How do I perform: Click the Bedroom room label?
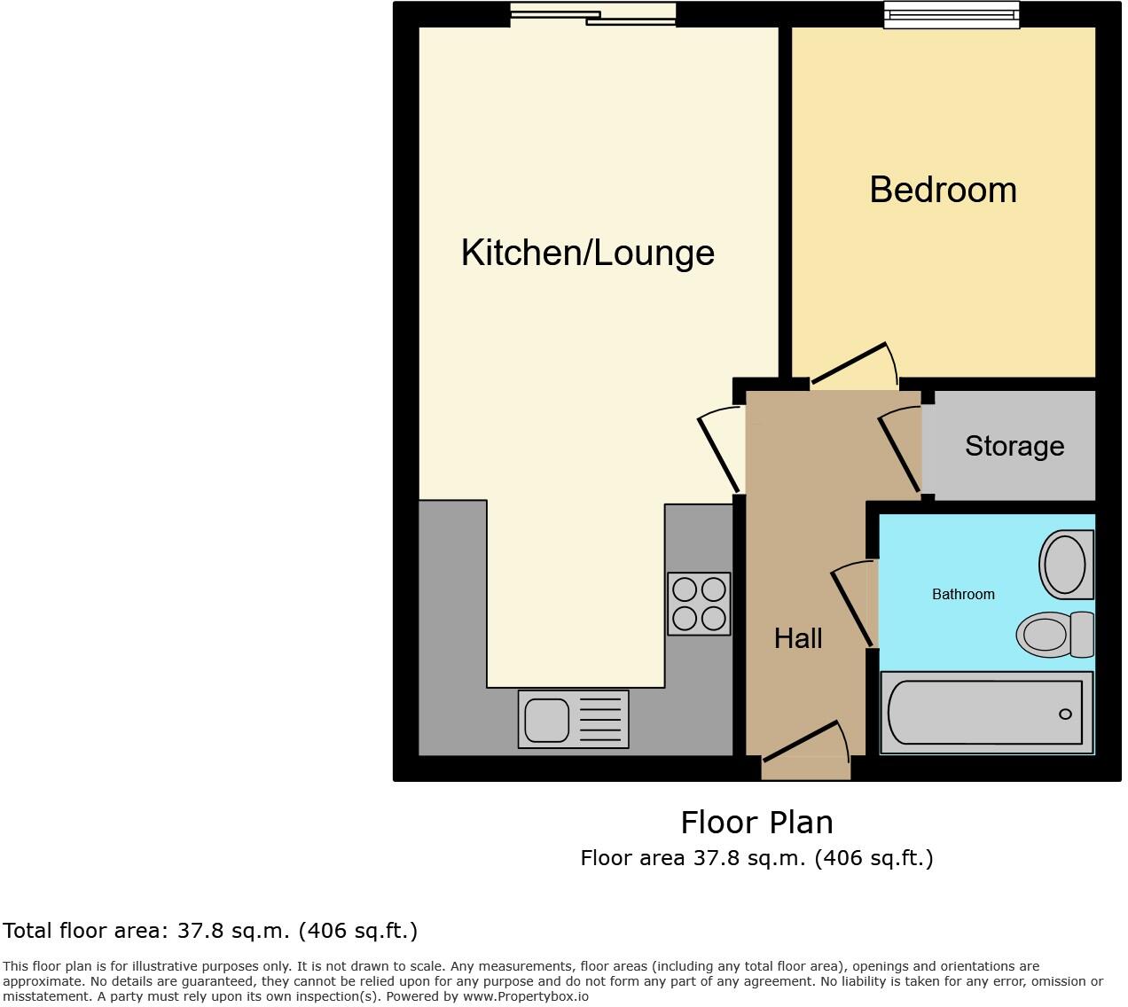(x=943, y=190)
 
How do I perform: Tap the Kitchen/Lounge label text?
(x=587, y=253)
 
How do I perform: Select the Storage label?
(x=1014, y=446)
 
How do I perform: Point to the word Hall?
(x=798, y=638)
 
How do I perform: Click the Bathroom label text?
(x=963, y=594)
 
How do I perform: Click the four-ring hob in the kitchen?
(x=699, y=604)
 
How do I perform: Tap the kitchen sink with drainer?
(x=573, y=719)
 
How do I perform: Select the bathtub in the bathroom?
(x=986, y=713)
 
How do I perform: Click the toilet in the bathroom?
(x=1055, y=635)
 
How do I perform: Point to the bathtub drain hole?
(x=1065, y=714)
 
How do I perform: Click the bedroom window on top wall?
(x=952, y=15)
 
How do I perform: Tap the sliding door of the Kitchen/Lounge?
(x=592, y=15)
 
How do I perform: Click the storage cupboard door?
(x=900, y=449)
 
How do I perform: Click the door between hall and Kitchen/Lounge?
(x=719, y=451)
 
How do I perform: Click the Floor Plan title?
(x=756, y=823)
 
